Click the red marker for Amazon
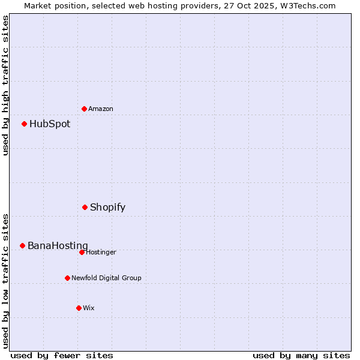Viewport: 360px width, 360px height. tap(85, 109)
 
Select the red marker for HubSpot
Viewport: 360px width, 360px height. tap(25, 124)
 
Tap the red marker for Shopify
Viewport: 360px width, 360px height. tap(85, 207)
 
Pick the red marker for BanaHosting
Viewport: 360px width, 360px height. tap(23, 245)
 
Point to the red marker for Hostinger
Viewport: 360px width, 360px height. tap(82, 252)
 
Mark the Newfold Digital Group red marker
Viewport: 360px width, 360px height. tap(68, 278)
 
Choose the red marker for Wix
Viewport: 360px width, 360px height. tap(79, 308)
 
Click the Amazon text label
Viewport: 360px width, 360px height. tap(101, 109)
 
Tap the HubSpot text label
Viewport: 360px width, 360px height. tap(50, 124)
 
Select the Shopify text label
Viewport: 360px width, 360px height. tap(108, 208)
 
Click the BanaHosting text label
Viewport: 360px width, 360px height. tap(58, 246)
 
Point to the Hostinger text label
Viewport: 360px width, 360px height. tap(101, 252)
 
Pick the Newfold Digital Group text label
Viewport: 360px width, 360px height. tap(106, 278)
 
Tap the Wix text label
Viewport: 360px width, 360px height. tap(89, 308)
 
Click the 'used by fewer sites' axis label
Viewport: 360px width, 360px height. tap(62, 355)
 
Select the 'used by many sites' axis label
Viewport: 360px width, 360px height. tap(301, 355)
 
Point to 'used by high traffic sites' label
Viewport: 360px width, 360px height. tap(5, 85)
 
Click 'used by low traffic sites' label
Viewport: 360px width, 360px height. tap(5, 280)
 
